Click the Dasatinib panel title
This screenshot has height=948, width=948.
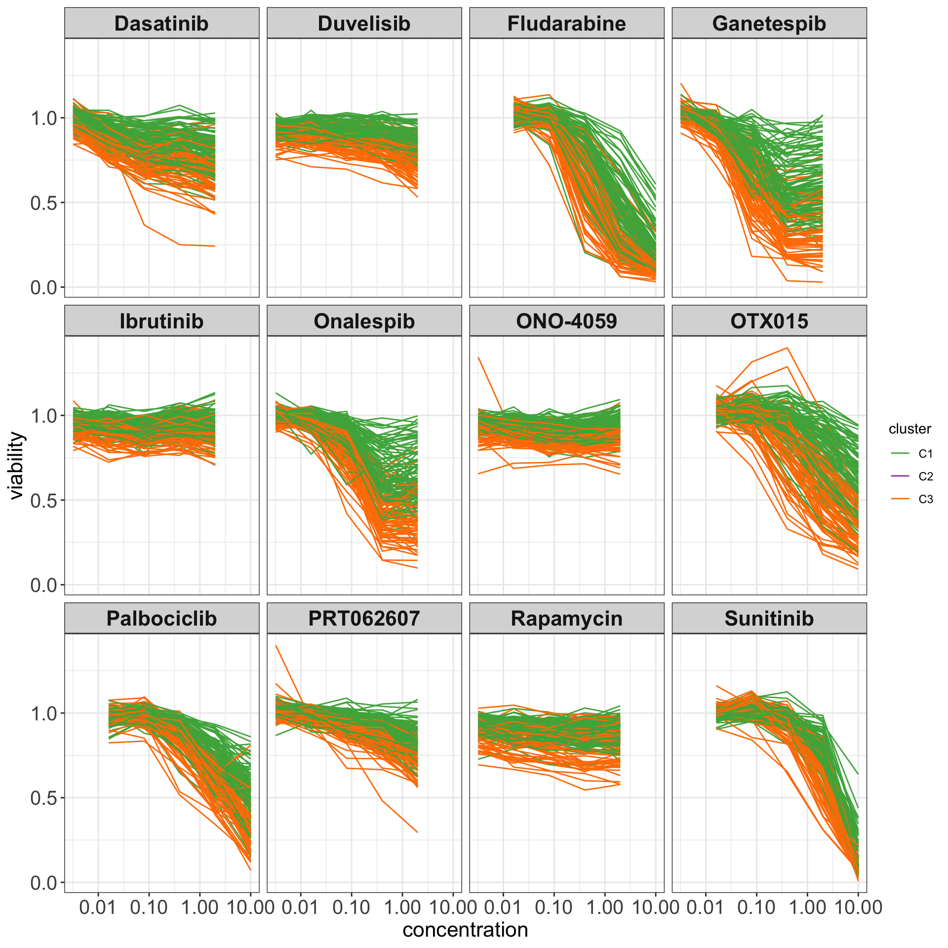pyautogui.click(x=161, y=24)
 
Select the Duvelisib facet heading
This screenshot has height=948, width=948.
pyautogui.click(x=364, y=24)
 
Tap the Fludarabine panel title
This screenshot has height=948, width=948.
pyautogui.click(x=566, y=24)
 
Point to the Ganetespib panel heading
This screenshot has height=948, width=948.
pyautogui.click(x=769, y=24)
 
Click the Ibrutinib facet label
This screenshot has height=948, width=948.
pyautogui.click(x=161, y=321)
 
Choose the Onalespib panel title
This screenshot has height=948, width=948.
pyautogui.click(x=364, y=321)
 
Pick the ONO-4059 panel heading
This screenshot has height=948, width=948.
pyautogui.click(x=566, y=321)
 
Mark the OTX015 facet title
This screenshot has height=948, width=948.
pyautogui.click(x=769, y=321)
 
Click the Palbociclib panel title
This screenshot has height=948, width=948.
pyautogui.click(x=161, y=619)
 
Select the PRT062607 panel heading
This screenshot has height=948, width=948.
pyautogui.click(x=364, y=619)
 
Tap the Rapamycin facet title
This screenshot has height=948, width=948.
pyautogui.click(x=566, y=619)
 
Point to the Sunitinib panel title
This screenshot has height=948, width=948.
pyautogui.click(x=769, y=619)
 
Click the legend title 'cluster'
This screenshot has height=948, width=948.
pyautogui.click(x=909, y=429)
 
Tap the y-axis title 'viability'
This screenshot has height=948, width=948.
pyautogui.click(x=16, y=465)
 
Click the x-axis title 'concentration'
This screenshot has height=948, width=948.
pyautogui.click(x=465, y=930)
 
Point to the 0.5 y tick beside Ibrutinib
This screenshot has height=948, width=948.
pyautogui.click(x=44, y=500)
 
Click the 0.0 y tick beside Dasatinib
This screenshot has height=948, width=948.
pyautogui.click(x=44, y=287)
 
